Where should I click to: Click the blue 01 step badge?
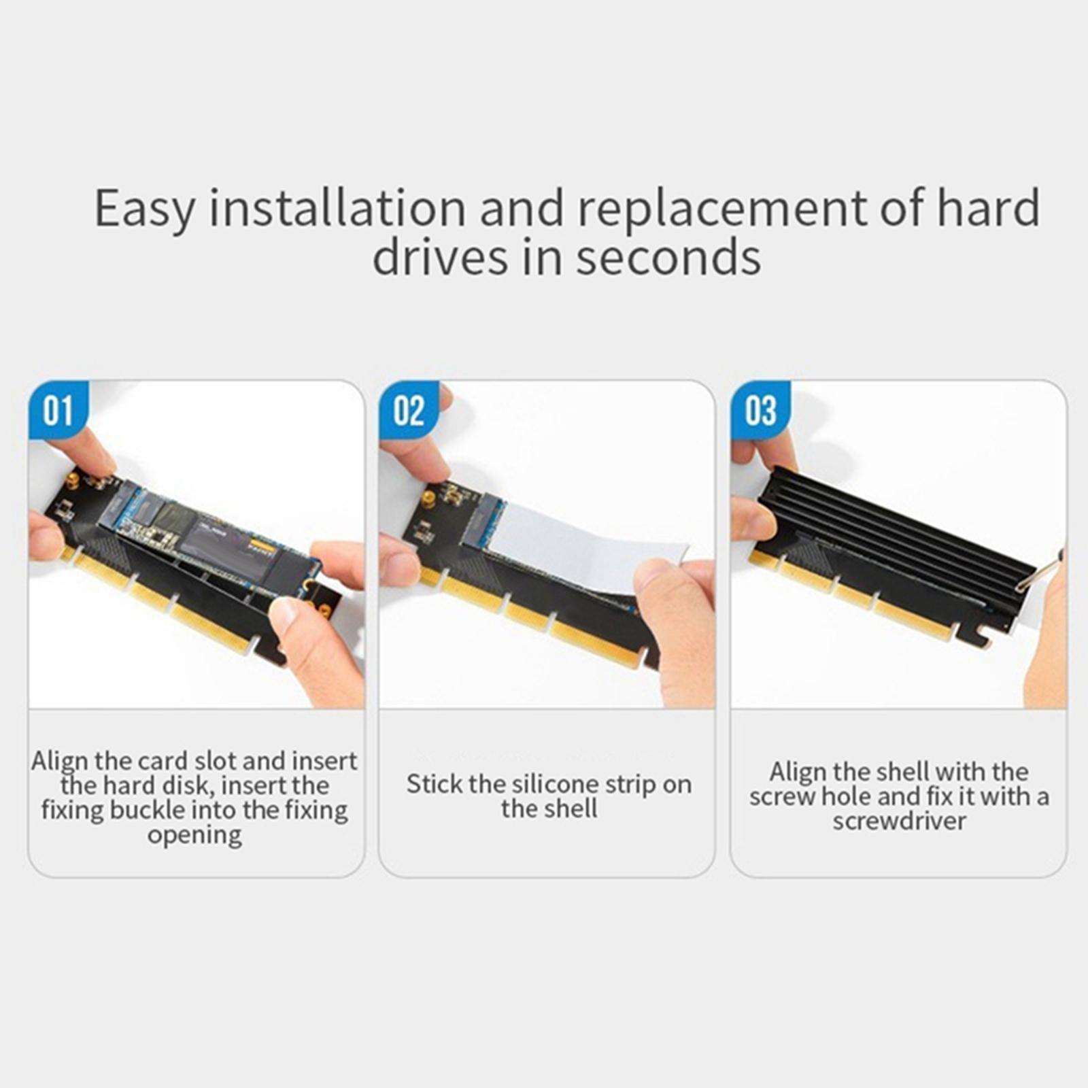[x=58, y=411]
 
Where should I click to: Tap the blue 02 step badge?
[x=409, y=411]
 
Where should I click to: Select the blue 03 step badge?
[x=760, y=411]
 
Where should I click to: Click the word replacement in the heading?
[x=721, y=208]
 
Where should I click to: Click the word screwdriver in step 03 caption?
[x=899, y=821]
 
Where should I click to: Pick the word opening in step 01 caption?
[x=194, y=835]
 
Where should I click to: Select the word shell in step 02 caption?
[x=573, y=809]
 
